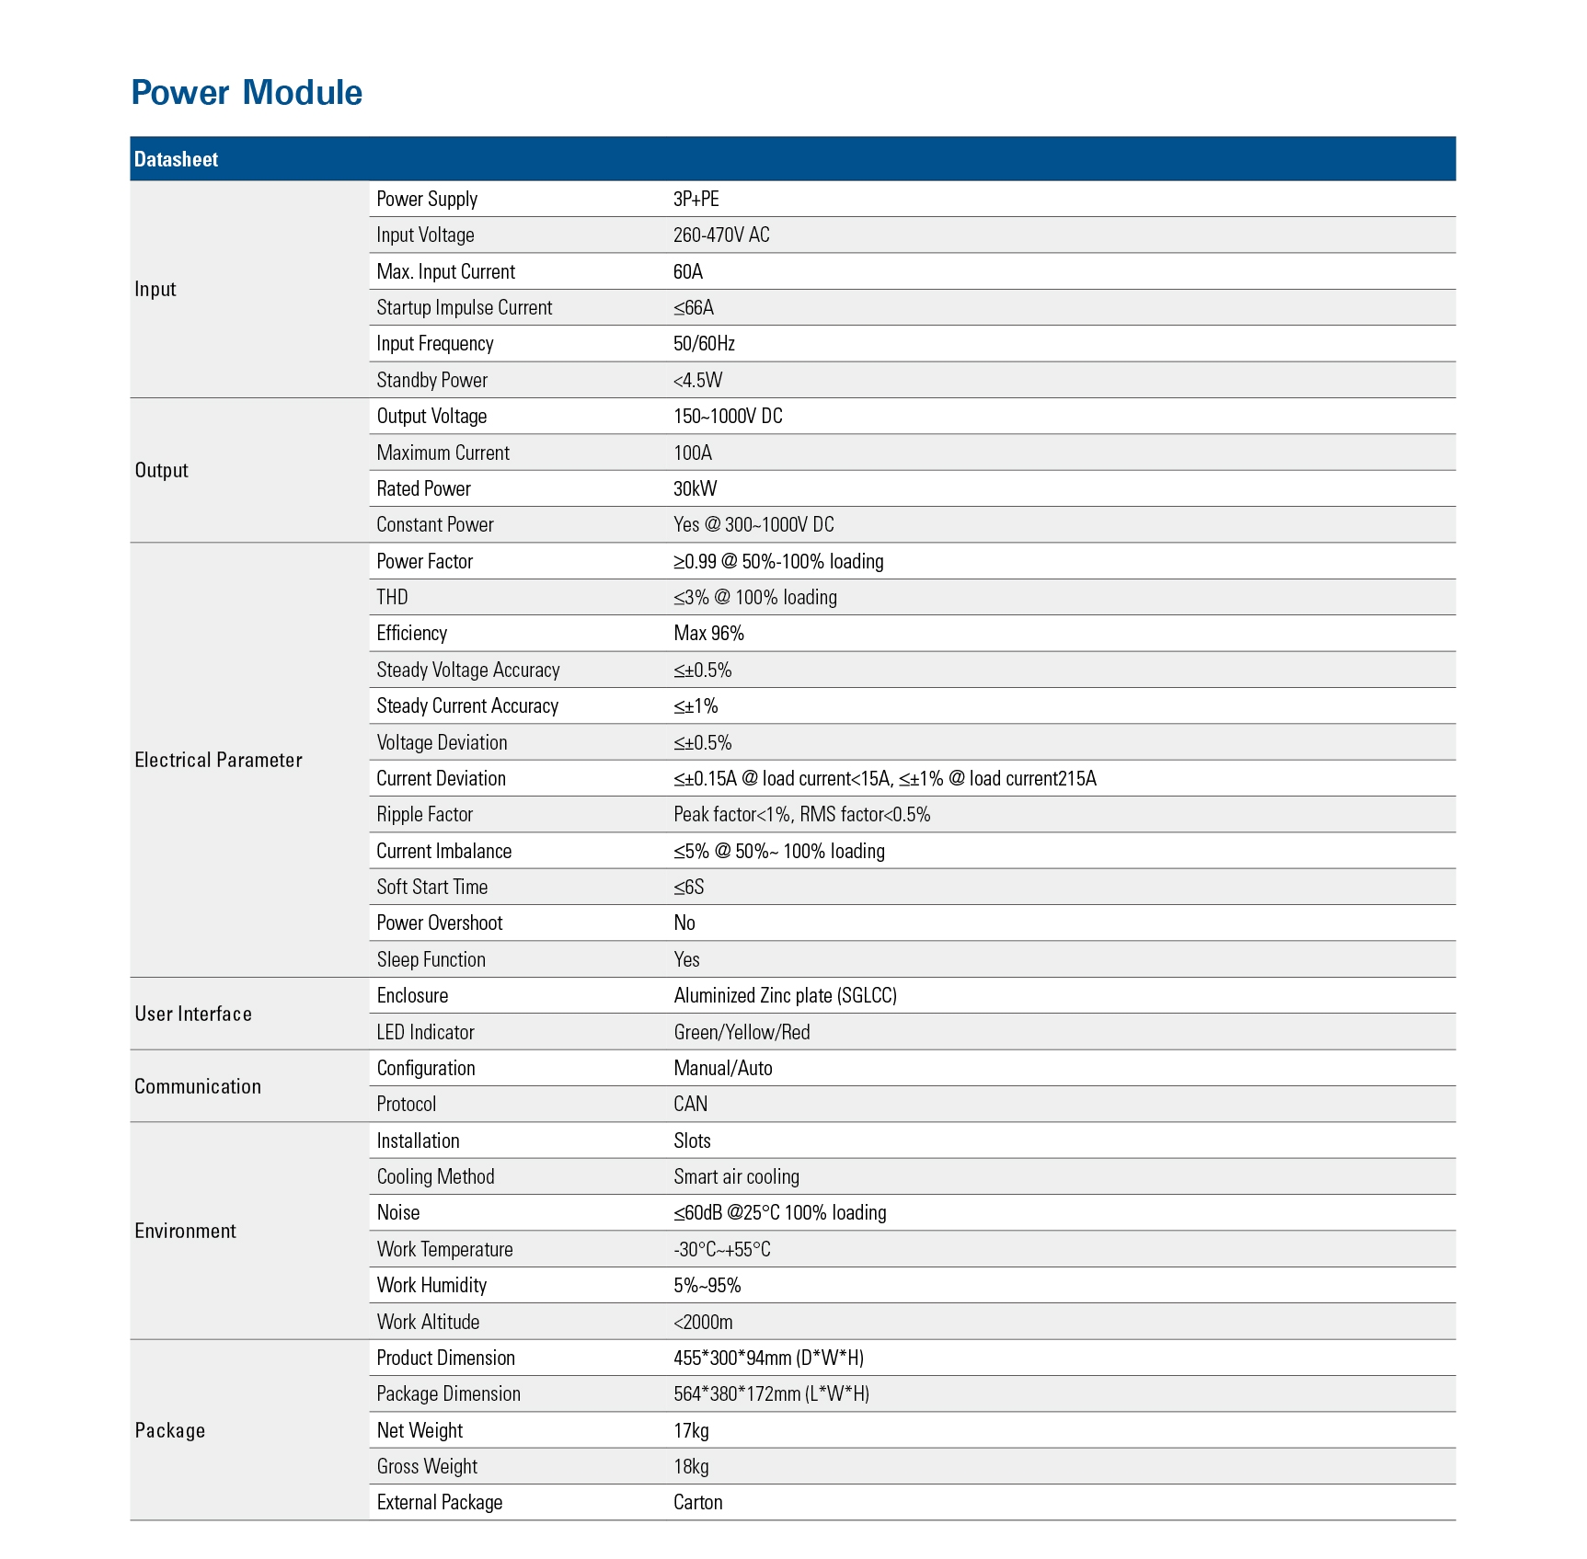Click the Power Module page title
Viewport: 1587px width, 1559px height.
247,93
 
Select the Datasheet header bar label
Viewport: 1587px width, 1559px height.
176,159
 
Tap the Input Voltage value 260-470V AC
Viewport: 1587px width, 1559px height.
721,235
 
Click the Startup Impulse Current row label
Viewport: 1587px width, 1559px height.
464,308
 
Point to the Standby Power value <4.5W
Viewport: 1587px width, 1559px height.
697,380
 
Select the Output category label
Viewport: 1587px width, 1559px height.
161,470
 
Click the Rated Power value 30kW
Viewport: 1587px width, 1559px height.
695,488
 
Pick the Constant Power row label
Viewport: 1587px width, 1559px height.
434,525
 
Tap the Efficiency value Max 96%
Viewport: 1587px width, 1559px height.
708,634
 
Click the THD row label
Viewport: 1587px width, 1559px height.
392,598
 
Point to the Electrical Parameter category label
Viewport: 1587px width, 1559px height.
218,760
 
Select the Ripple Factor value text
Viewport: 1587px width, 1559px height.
801,815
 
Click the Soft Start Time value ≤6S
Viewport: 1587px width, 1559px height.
688,888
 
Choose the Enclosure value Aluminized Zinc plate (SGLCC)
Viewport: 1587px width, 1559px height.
785,996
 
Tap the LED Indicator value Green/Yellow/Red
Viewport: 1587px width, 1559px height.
742,1032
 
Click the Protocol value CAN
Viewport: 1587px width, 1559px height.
690,1105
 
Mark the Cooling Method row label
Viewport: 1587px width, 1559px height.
435,1177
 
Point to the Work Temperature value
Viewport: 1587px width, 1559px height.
721,1250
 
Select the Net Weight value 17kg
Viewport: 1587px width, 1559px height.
691,1431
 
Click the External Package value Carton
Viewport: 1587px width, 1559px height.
697,1503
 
